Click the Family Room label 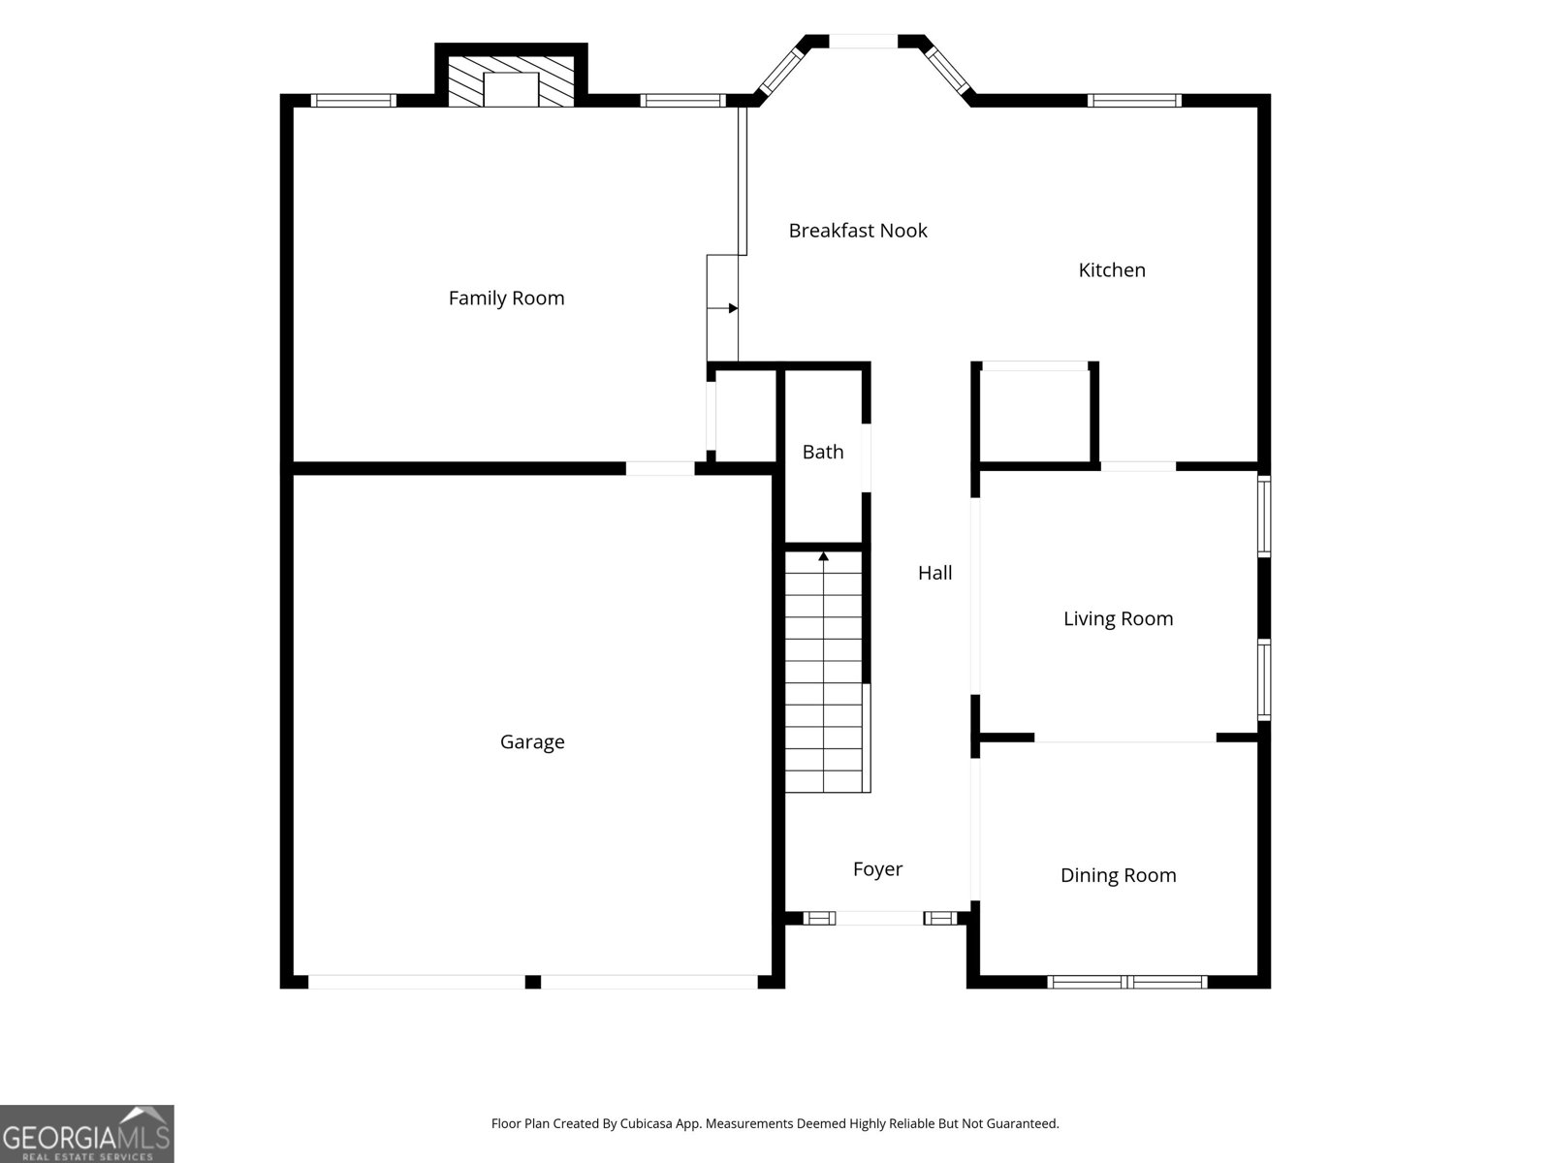pos(507,298)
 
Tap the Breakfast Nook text pos(858,231)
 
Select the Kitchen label pos(1112,269)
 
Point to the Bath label pos(823,452)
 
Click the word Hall pos(934,573)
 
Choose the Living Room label pos(1118,618)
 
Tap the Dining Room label pos(1118,875)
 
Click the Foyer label pos(877,869)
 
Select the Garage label pos(532,742)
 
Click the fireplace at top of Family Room pos(511,79)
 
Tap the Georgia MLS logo pos(87,1134)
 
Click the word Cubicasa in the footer pos(646,1123)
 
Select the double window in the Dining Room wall pos(1127,982)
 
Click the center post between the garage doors pos(533,982)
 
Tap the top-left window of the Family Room pos(353,100)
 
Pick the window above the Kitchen pos(1134,100)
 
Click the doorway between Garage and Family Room pos(660,468)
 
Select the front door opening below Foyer pos(879,918)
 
